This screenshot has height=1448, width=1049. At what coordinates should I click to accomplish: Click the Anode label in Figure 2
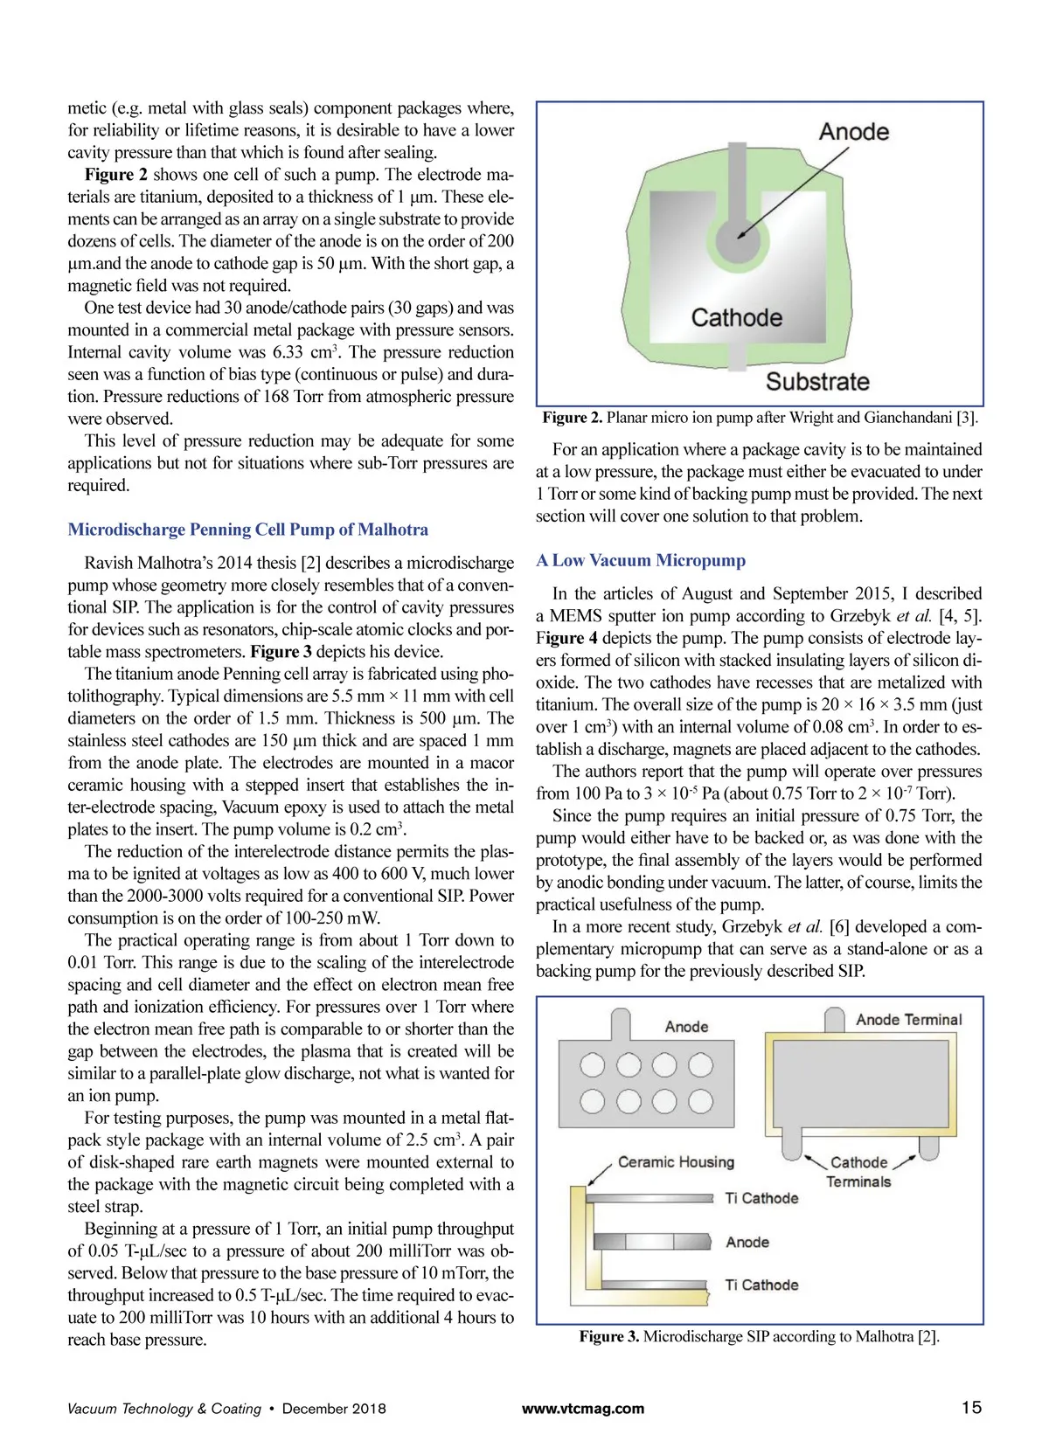(853, 132)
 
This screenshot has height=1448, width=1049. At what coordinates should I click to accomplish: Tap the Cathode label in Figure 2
(736, 317)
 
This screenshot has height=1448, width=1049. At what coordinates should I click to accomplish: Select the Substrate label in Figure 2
(817, 382)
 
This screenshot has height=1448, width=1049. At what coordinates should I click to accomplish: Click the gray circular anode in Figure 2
(738, 238)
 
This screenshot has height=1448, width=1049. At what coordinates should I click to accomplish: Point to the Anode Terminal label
(908, 1020)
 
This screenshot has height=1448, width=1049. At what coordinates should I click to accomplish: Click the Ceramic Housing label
(676, 1162)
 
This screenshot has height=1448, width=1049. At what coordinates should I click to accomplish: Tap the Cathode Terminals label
(858, 1172)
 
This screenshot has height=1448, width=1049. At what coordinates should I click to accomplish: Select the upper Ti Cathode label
(761, 1198)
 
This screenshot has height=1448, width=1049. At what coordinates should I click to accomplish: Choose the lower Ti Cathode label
(761, 1285)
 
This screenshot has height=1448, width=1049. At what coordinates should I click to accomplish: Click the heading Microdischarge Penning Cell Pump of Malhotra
(248, 530)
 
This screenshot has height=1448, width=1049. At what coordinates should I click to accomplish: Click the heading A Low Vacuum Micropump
(641, 560)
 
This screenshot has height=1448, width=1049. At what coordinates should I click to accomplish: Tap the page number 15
(971, 1408)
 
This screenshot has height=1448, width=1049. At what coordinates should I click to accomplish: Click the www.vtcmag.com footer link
(583, 1409)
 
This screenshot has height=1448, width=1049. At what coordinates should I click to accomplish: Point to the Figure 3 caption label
(609, 1336)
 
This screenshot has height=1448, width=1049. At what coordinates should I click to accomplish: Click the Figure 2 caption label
(573, 418)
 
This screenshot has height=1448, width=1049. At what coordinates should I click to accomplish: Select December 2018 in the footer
(334, 1409)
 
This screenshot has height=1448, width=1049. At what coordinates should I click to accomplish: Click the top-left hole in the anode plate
(593, 1064)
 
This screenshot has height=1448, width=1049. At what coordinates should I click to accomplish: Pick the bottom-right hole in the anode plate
(700, 1101)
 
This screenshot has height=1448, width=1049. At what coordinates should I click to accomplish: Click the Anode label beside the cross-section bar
(747, 1242)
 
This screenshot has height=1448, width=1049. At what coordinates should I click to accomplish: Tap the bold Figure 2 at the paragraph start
(116, 175)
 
